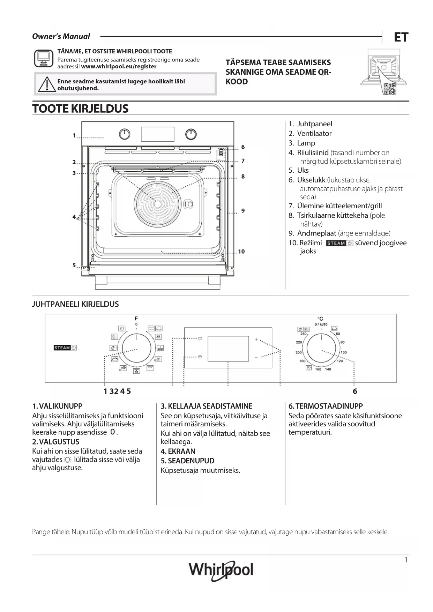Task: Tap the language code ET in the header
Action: [x=401, y=37]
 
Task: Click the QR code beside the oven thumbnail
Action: [x=389, y=89]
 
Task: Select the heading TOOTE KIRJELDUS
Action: [x=80, y=109]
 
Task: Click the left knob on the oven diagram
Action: [x=125, y=134]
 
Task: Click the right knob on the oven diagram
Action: [x=191, y=134]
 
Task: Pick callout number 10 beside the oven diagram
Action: [x=241, y=252]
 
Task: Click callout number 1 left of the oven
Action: [x=74, y=135]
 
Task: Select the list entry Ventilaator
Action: [x=314, y=133]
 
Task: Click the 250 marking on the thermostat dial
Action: [x=303, y=334]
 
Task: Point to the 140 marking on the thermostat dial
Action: [x=328, y=369]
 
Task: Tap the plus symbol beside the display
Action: [x=256, y=339]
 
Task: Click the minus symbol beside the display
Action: [x=256, y=358]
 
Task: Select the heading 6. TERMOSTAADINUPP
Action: [x=326, y=406]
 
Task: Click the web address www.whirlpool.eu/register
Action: [x=119, y=66]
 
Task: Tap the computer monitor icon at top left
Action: [x=44, y=58]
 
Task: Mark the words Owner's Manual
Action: [x=61, y=36]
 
